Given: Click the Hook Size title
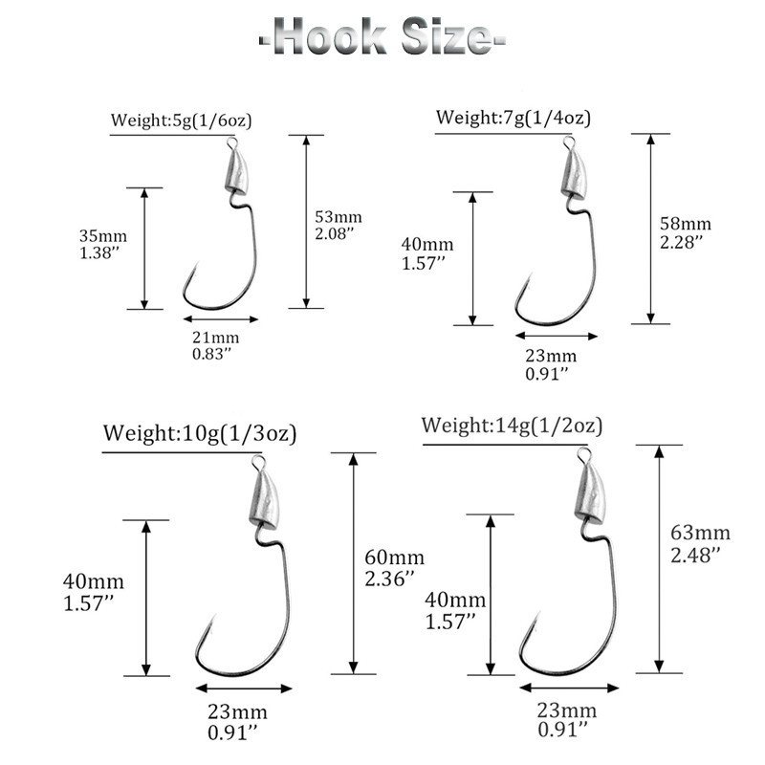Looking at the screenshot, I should point(382,38).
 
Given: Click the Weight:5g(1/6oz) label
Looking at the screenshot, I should point(181,120).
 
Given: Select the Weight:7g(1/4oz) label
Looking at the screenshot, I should point(513,118).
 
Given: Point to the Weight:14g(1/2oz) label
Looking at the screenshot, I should point(512,425).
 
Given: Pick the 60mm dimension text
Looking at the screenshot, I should point(388,558).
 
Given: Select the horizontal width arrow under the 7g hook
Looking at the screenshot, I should point(556,336).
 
